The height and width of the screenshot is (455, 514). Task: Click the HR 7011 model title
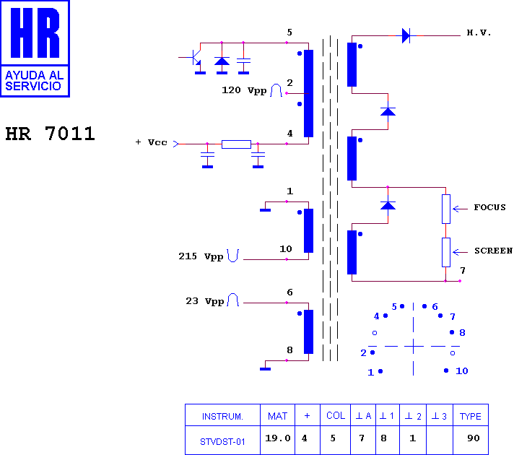click(x=50, y=134)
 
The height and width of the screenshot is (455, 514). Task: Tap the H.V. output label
click(x=479, y=32)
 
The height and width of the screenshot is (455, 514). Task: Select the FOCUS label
click(x=489, y=207)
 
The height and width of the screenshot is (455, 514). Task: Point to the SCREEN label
click(x=493, y=251)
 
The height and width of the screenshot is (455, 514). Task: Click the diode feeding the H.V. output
click(x=406, y=35)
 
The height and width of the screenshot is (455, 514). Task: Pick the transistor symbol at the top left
click(x=196, y=58)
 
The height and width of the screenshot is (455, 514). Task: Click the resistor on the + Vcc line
click(x=236, y=144)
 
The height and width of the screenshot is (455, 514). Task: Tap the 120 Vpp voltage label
click(x=244, y=90)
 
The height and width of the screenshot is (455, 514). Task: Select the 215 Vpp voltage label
click(x=201, y=256)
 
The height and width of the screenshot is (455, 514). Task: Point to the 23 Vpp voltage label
click(x=205, y=301)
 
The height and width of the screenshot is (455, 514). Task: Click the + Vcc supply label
click(x=152, y=142)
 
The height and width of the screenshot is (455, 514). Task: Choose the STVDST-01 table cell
click(x=222, y=442)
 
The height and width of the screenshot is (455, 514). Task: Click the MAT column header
click(x=277, y=416)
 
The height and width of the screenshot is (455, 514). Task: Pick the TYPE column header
click(x=471, y=416)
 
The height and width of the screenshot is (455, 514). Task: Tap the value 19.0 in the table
click(x=278, y=438)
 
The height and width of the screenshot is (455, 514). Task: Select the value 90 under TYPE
click(x=474, y=438)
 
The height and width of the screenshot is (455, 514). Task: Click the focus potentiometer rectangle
click(x=446, y=209)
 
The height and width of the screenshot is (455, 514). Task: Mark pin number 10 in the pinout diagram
click(x=462, y=371)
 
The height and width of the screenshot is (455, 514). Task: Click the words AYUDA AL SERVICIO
click(x=35, y=81)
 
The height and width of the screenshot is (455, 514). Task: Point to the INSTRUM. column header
click(x=222, y=417)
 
